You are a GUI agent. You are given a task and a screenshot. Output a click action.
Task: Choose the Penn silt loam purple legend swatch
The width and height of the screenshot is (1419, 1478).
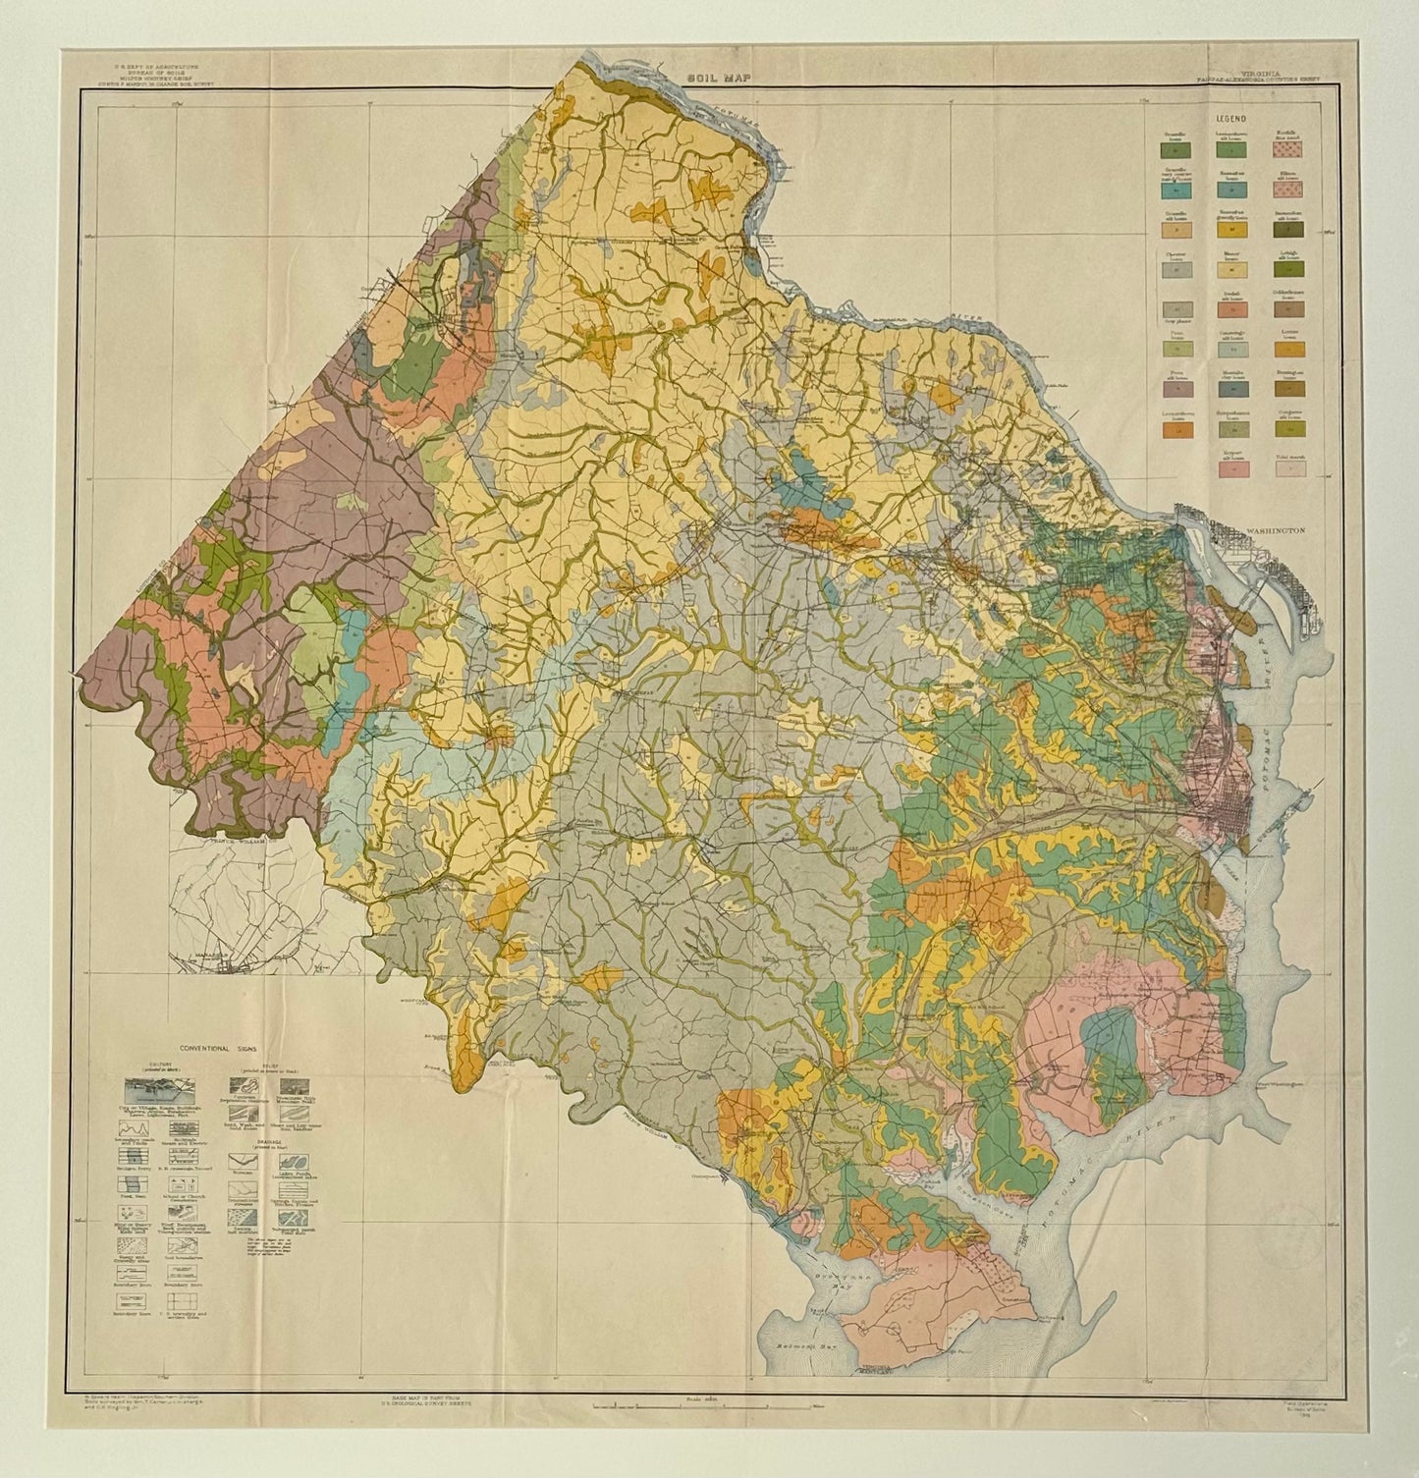1172,390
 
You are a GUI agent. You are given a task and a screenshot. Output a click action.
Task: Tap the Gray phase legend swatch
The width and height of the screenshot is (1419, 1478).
1172,309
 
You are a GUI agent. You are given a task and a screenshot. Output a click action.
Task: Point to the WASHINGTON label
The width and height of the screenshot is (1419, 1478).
1274,528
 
